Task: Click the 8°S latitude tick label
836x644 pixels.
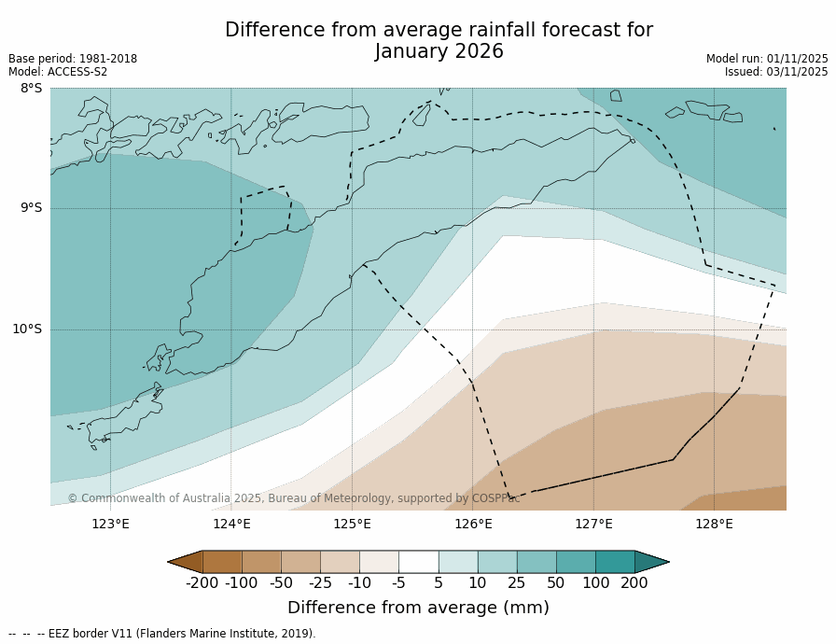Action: point(31,89)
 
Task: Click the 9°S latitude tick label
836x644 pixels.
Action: point(31,208)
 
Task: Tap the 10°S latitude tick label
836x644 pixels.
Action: point(27,329)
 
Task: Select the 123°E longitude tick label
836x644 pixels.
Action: point(110,524)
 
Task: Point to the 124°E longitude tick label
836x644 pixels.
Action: point(231,524)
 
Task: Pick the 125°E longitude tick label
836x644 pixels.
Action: point(352,524)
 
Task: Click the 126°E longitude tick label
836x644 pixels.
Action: point(473,524)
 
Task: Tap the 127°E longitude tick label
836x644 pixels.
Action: point(593,524)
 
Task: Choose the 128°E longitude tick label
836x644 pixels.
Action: point(714,524)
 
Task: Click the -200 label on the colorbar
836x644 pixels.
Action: point(202,583)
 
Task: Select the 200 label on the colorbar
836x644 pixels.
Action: point(634,583)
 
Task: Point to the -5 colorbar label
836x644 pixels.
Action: point(398,583)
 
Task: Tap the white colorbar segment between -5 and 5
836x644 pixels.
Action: point(418,562)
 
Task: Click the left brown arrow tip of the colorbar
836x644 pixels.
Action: point(177,562)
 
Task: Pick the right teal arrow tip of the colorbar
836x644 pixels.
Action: point(659,562)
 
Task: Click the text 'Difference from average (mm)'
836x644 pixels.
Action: point(418,608)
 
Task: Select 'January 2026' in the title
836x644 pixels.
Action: point(439,52)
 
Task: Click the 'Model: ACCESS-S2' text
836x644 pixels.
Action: point(58,72)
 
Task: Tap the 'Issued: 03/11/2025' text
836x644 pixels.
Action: point(776,72)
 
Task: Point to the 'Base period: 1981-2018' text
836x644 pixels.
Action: point(73,59)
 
